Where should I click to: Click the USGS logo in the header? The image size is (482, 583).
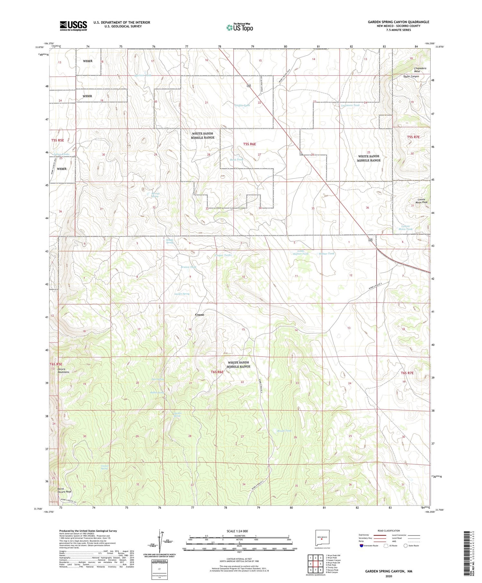pos(73,26)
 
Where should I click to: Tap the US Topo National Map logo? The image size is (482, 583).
pos(240,27)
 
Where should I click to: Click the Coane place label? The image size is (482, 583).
pos(199,314)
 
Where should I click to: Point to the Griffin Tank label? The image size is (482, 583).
pos(242,105)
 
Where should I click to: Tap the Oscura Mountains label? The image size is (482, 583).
pos(64,370)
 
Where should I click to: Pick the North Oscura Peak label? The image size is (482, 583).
pos(64,490)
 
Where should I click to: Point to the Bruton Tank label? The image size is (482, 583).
pos(188,267)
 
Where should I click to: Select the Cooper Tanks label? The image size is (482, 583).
pos(223,255)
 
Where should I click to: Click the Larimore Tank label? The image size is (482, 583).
pos(350,105)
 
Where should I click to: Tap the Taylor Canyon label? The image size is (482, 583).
pos(411,77)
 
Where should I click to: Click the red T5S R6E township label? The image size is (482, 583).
pos(249,144)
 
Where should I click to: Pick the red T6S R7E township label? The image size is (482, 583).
pos(407,373)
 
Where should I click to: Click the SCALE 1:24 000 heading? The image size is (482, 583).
pos(239,531)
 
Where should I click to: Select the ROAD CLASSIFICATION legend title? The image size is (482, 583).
pos(389,531)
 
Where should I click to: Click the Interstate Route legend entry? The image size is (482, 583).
pos(369,546)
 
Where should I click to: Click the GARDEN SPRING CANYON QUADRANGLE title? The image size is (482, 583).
pos(398,22)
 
